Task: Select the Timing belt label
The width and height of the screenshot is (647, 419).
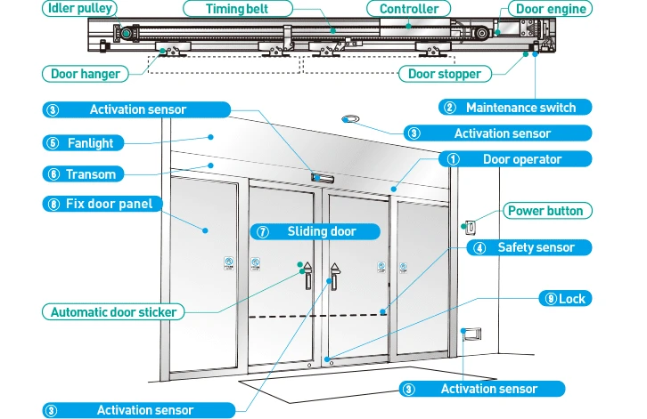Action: pos(238,9)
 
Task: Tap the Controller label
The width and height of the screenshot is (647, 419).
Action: pos(409,9)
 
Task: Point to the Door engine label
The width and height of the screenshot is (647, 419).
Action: pos(552,9)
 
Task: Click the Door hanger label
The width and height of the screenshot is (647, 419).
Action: pos(86,74)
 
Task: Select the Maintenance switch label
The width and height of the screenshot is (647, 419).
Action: pos(520,108)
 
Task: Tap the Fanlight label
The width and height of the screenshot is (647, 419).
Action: pos(105,142)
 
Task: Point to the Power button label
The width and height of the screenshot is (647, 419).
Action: pos(545,211)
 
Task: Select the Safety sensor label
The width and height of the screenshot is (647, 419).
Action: pos(536,247)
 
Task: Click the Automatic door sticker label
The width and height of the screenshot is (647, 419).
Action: pos(113,312)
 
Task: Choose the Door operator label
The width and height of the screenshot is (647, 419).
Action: pos(522,159)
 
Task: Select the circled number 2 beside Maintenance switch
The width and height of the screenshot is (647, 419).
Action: pos(450,108)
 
